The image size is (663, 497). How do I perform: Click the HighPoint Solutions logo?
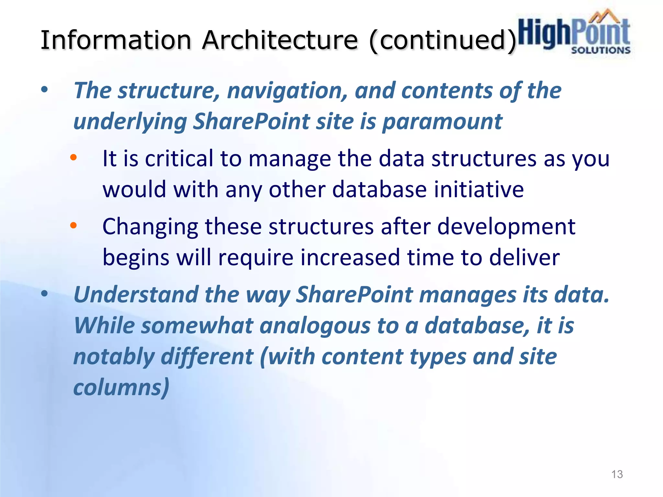[x=574, y=34]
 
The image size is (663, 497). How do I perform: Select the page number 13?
[x=617, y=474]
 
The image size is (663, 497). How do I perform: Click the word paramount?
[x=442, y=122]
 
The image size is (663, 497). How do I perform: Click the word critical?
[x=179, y=159]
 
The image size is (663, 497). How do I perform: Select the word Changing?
[x=150, y=227]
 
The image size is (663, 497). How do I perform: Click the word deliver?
[x=524, y=258]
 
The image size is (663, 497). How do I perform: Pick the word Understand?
[x=136, y=295]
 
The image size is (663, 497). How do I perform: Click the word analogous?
[x=315, y=326]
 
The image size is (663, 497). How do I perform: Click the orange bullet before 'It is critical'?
[x=73, y=158]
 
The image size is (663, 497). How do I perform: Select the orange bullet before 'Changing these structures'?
[x=73, y=226]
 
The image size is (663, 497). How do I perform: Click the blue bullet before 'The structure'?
[x=44, y=90]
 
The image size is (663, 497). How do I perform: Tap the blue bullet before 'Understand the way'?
[x=44, y=294]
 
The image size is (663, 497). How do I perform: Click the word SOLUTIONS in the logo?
[x=601, y=50]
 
